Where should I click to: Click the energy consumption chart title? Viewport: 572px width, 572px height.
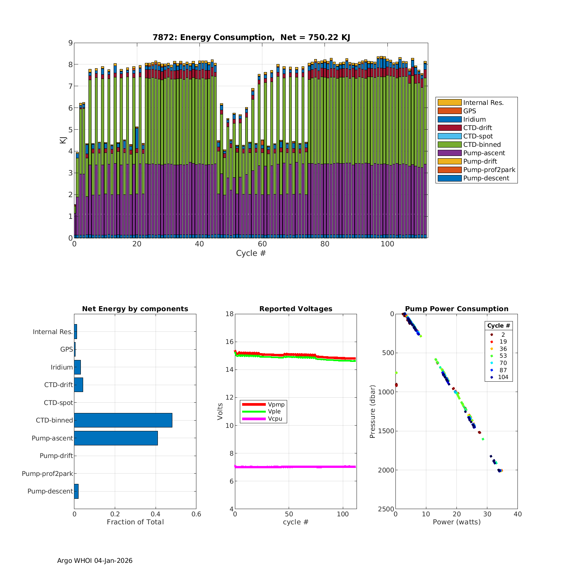click(251, 37)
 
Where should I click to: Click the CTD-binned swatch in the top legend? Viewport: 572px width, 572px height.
click(450, 145)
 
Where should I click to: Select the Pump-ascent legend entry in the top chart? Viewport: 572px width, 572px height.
click(484, 153)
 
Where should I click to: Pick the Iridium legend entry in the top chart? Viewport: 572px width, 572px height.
click(474, 119)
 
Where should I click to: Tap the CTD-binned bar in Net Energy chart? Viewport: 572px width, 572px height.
click(123, 420)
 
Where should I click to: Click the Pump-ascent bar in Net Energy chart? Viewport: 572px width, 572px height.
click(116, 438)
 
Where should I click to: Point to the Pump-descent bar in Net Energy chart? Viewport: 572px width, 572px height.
click(76, 491)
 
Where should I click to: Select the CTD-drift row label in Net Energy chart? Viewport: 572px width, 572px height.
click(58, 385)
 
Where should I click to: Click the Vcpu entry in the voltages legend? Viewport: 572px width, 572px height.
click(275, 419)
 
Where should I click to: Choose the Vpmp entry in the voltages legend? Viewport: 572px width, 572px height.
click(276, 404)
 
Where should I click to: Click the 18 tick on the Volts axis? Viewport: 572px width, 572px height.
click(229, 314)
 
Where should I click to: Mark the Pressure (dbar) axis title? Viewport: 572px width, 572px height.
click(373, 411)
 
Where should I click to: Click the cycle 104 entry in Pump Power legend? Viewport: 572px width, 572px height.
click(503, 377)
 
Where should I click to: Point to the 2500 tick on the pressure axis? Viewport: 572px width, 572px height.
click(386, 509)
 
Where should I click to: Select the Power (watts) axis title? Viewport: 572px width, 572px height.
click(456, 522)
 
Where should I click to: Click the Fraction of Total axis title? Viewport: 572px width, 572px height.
click(135, 522)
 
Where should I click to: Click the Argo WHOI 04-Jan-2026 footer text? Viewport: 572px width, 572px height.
click(95, 561)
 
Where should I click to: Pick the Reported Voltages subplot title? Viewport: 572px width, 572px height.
click(296, 309)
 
